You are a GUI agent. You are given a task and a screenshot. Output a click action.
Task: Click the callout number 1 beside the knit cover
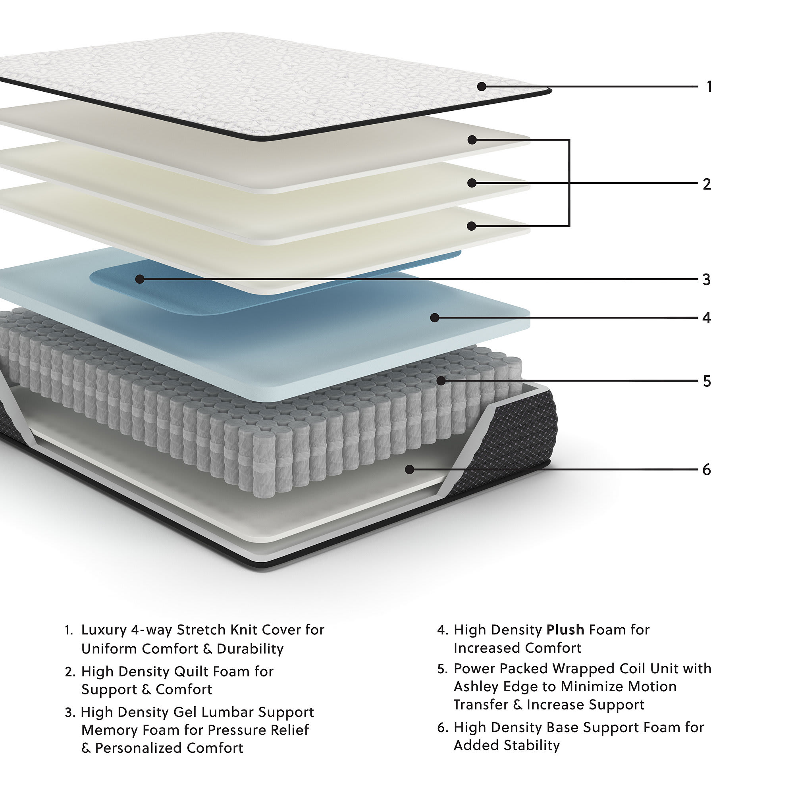point(709,87)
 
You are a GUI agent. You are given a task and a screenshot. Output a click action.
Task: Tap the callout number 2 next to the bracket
point(707,184)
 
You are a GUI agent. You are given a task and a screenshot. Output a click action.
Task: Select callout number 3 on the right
point(707,279)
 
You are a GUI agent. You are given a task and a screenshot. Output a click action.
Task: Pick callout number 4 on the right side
point(707,318)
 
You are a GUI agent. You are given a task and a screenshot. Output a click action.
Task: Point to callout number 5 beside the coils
point(707,382)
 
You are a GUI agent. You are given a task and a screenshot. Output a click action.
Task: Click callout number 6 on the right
point(707,469)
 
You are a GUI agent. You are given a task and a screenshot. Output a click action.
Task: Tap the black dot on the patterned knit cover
point(482,87)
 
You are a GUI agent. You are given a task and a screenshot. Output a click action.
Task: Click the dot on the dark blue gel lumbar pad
point(140,279)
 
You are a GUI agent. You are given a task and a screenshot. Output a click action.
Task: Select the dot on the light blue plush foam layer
point(435,318)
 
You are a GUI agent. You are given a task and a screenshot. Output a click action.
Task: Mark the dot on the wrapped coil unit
point(441,381)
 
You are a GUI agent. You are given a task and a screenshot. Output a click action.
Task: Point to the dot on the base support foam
point(409,469)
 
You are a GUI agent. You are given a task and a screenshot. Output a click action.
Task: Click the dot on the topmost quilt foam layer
point(472,140)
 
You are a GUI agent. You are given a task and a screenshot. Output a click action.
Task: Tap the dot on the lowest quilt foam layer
point(472,226)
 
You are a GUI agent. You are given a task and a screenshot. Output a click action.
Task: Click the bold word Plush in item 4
point(565,630)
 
